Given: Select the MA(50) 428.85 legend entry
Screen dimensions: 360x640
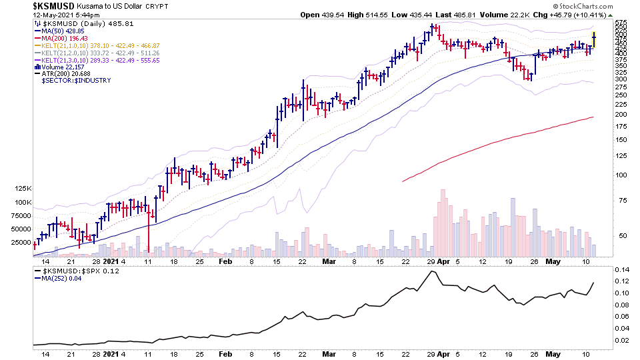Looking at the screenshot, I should tap(63, 31).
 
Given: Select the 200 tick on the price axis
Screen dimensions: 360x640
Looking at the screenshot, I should tap(621, 114).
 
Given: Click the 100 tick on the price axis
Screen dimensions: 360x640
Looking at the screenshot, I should tap(621, 175).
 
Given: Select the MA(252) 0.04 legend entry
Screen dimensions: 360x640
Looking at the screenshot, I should tap(63, 279).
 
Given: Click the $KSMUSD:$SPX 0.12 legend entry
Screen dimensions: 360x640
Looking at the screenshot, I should tap(75, 271).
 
